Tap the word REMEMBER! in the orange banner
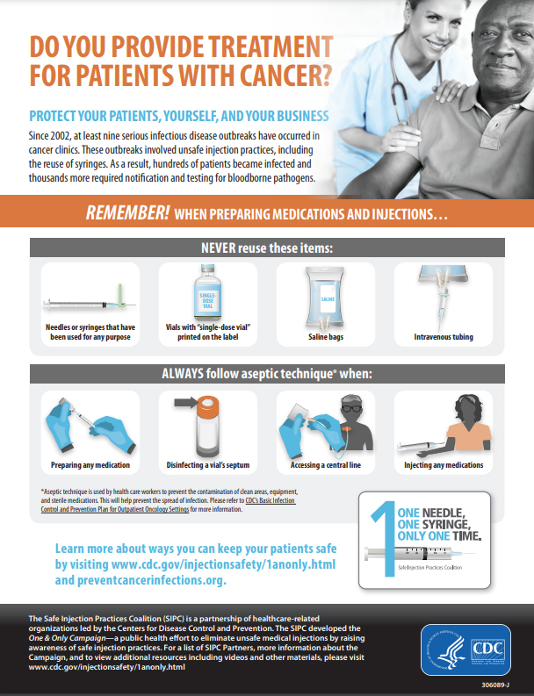click(x=127, y=212)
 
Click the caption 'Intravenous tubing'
click(x=444, y=336)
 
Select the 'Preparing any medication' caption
click(x=90, y=465)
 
